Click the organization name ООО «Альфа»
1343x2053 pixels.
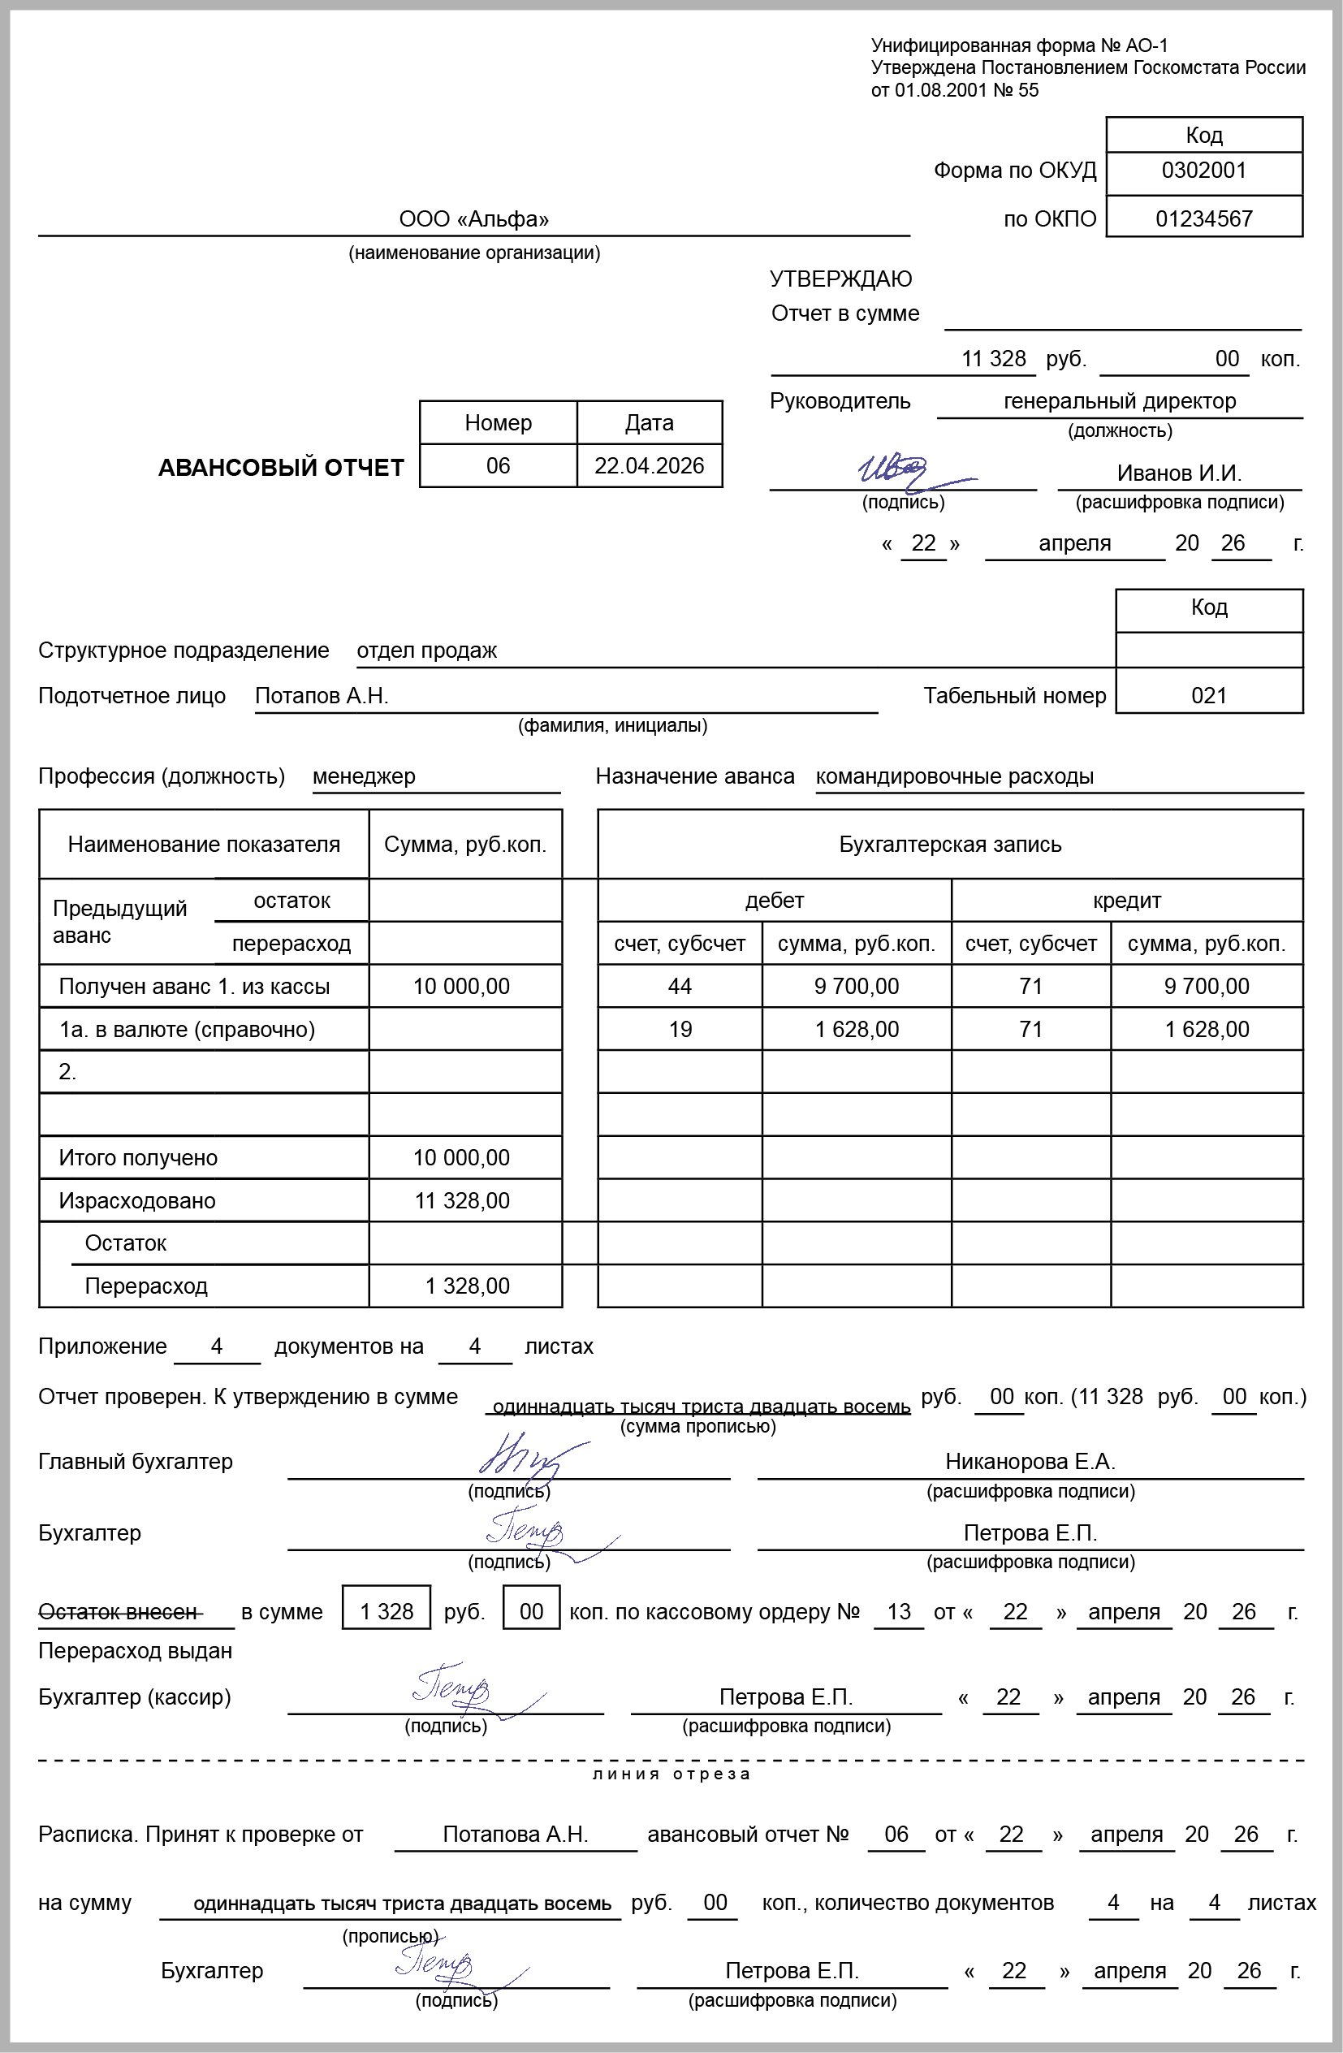(x=473, y=219)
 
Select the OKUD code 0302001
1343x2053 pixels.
(x=1203, y=171)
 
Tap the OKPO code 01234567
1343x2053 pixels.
(x=1203, y=219)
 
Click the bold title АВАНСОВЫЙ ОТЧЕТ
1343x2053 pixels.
(x=281, y=468)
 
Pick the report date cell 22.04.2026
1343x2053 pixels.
(x=649, y=466)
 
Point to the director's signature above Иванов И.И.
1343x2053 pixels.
(x=897, y=470)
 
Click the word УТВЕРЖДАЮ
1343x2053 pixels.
(x=840, y=279)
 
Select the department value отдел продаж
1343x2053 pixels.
(x=427, y=650)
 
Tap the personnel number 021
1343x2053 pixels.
(x=1208, y=696)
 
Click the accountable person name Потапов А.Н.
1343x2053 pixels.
(x=322, y=696)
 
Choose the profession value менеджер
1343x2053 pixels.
(x=364, y=776)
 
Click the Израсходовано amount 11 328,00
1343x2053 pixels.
(x=461, y=1201)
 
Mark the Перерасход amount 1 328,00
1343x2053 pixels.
(x=467, y=1286)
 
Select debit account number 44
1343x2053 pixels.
(x=680, y=986)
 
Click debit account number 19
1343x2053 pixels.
(x=680, y=1029)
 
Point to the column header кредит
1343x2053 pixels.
(x=1126, y=901)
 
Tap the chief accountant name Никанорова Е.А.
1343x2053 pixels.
(x=1030, y=1461)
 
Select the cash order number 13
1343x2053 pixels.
(x=899, y=1611)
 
